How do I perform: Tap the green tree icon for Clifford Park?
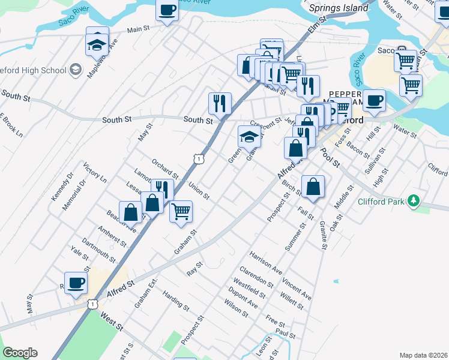(413, 201)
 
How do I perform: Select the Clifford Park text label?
(380, 202)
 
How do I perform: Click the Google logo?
(20, 353)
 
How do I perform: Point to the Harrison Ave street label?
(266, 263)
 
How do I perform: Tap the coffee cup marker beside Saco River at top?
(167, 10)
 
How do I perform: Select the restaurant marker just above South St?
(220, 103)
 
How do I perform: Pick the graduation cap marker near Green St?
(250, 137)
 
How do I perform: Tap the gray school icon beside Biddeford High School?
(76, 70)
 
